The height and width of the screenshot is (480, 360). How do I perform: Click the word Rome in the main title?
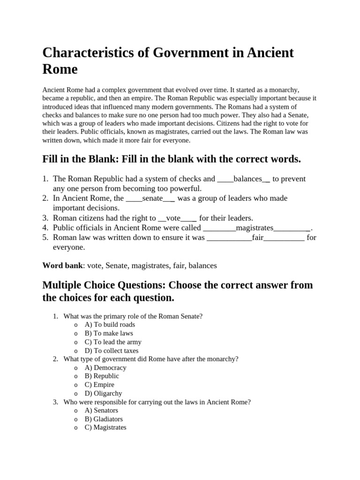click(x=60, y=69)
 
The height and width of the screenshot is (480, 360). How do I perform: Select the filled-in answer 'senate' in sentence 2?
click(x=152, y=198)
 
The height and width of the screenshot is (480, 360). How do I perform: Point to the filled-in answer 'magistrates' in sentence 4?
click(x=255, y=228)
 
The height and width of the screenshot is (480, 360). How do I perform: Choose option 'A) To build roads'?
click(x=110, y=325)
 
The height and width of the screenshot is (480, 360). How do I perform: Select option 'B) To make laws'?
click(x=109, y=333)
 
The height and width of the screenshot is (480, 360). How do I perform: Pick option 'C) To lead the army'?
click(x=112, y=342)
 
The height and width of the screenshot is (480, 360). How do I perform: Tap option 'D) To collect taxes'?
click(x=112, y=351)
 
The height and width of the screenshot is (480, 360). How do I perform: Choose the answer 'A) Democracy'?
click(x=105, y=368)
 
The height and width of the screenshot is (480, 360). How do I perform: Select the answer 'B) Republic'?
click(x=102, y=376)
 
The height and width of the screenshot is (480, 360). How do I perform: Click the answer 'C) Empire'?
click(x=99, y=385)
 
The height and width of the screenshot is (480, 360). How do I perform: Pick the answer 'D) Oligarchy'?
click(x=103, y=394)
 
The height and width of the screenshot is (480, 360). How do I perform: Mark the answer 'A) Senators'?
click(x=101, y=411)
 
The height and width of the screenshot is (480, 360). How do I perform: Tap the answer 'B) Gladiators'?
click(x=104, y=419)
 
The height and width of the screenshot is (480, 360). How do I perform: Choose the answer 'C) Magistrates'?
click(x=105, y=427)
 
